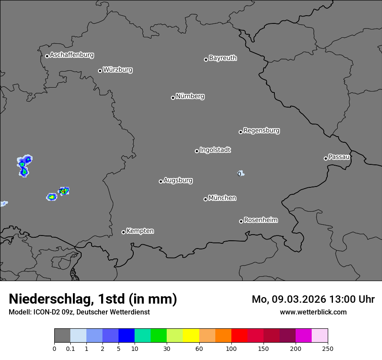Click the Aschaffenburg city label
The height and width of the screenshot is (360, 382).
tap(72, 55)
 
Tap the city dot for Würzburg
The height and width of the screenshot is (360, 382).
tap(100, 71)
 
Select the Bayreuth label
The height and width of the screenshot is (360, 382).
tap(223, 58)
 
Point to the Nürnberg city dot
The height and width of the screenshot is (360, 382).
tap(173, 98)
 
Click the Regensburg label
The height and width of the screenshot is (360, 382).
tap(261, 131)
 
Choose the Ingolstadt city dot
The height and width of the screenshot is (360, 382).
tap(197, 151)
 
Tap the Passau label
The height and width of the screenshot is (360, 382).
tap(339, 157)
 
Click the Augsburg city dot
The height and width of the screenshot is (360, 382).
tap(161, 181)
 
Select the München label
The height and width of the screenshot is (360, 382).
tap(222, 198)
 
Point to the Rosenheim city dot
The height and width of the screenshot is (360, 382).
tap(241, 222)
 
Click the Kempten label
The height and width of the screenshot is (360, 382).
tap(140, 231)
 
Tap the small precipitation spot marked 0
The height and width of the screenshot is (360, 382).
tap(240, 174)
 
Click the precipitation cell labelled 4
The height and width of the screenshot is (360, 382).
tap(64, 191)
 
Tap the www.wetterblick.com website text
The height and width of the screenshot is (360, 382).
tap(313, 312)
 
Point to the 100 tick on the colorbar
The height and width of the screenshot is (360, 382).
tap(231, 348)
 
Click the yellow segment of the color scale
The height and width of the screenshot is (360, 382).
tap(191, 336)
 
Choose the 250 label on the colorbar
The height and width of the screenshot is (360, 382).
tap(328, 348)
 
